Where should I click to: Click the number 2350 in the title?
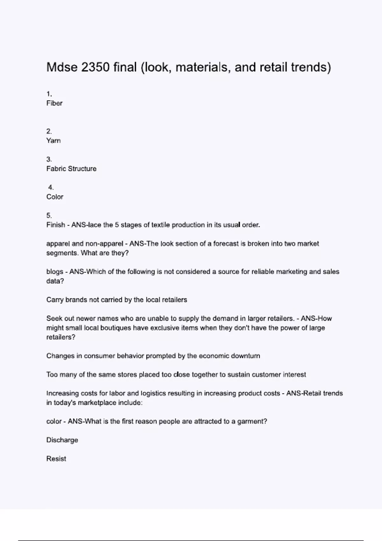tap(95, 67)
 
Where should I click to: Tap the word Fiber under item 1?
tap(54, 103)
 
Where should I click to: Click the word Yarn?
tap(53, 141)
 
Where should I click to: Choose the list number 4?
tap(51, 187)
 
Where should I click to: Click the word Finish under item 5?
tap(56, 225)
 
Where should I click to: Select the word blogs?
tap(55, 272)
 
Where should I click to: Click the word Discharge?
tap(62, 440)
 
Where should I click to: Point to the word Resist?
tap(56, 459)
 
